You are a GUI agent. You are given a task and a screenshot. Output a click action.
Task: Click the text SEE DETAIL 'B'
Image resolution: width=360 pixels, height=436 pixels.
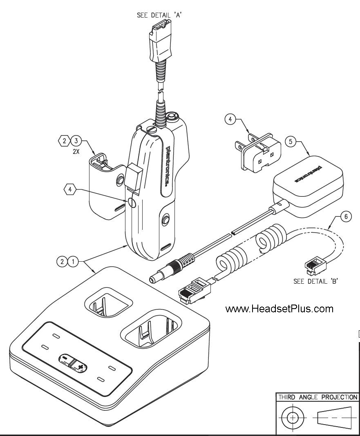315,281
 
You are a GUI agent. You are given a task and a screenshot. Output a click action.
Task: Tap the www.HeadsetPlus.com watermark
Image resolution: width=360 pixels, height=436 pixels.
279,309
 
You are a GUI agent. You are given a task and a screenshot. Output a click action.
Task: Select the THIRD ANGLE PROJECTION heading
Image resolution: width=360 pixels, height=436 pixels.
317,397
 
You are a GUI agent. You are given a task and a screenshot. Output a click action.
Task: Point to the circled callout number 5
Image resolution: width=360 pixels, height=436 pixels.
291,142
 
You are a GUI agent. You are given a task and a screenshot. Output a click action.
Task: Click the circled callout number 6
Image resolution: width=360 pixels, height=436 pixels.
346,217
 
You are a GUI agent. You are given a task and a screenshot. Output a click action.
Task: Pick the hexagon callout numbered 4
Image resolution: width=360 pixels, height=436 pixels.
70,190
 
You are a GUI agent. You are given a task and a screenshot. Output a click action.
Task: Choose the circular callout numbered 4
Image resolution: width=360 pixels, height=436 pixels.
230,120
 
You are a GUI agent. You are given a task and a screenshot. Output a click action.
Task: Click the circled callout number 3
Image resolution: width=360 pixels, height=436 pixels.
76,142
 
